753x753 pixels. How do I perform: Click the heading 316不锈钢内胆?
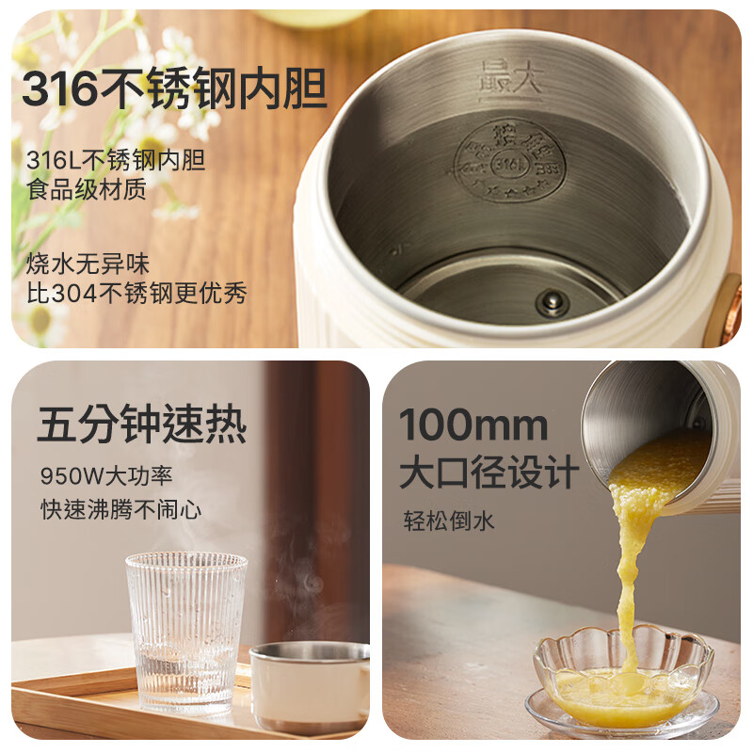174,91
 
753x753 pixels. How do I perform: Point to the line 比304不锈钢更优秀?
136,294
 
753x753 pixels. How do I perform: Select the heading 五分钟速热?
141,425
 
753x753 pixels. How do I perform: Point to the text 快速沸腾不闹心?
121,509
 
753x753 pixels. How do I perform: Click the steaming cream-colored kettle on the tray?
309,685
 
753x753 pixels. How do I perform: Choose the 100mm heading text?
473,425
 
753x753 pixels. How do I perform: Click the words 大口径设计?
488,472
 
